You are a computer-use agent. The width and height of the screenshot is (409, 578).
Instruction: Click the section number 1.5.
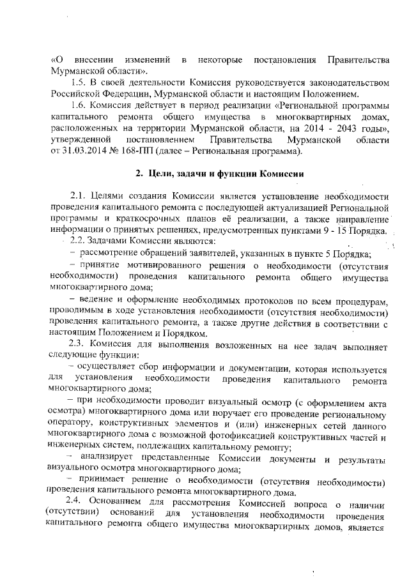tap(79, 82)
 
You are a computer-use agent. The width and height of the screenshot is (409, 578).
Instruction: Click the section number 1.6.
tap(79, 105)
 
